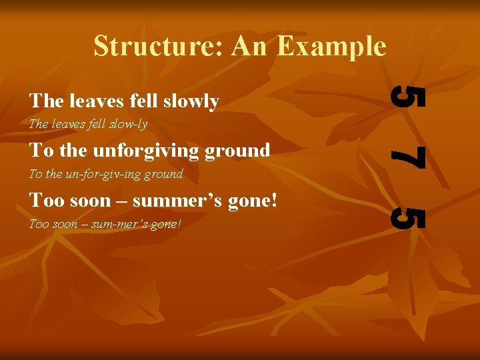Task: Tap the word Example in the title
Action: click(x=331, y=47)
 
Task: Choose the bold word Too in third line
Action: click(x=43, y=200)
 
